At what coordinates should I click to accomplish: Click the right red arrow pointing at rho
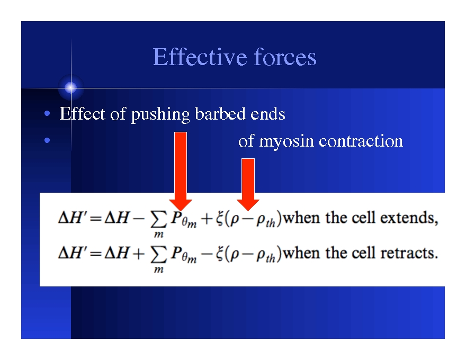pos(248,183)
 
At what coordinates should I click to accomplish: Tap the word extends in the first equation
pos(415,218)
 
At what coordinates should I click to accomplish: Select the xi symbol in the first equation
pos(220,219)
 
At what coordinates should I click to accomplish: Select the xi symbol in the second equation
pos(220,254)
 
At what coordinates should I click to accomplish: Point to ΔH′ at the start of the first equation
pos(72,218)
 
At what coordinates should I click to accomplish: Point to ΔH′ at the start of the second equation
pos(72,253)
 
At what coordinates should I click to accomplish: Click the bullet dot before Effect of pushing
pos(48,114)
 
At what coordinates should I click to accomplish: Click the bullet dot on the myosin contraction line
pos(48,141)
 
